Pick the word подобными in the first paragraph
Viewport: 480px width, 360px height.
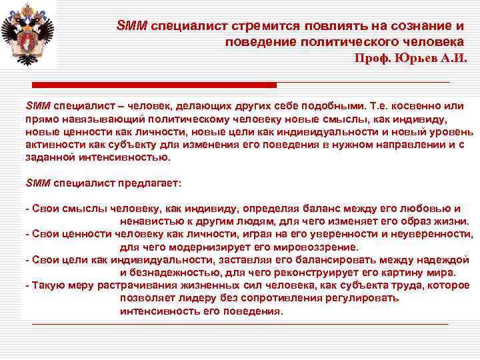pyautogui.click(x=332, y=106)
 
